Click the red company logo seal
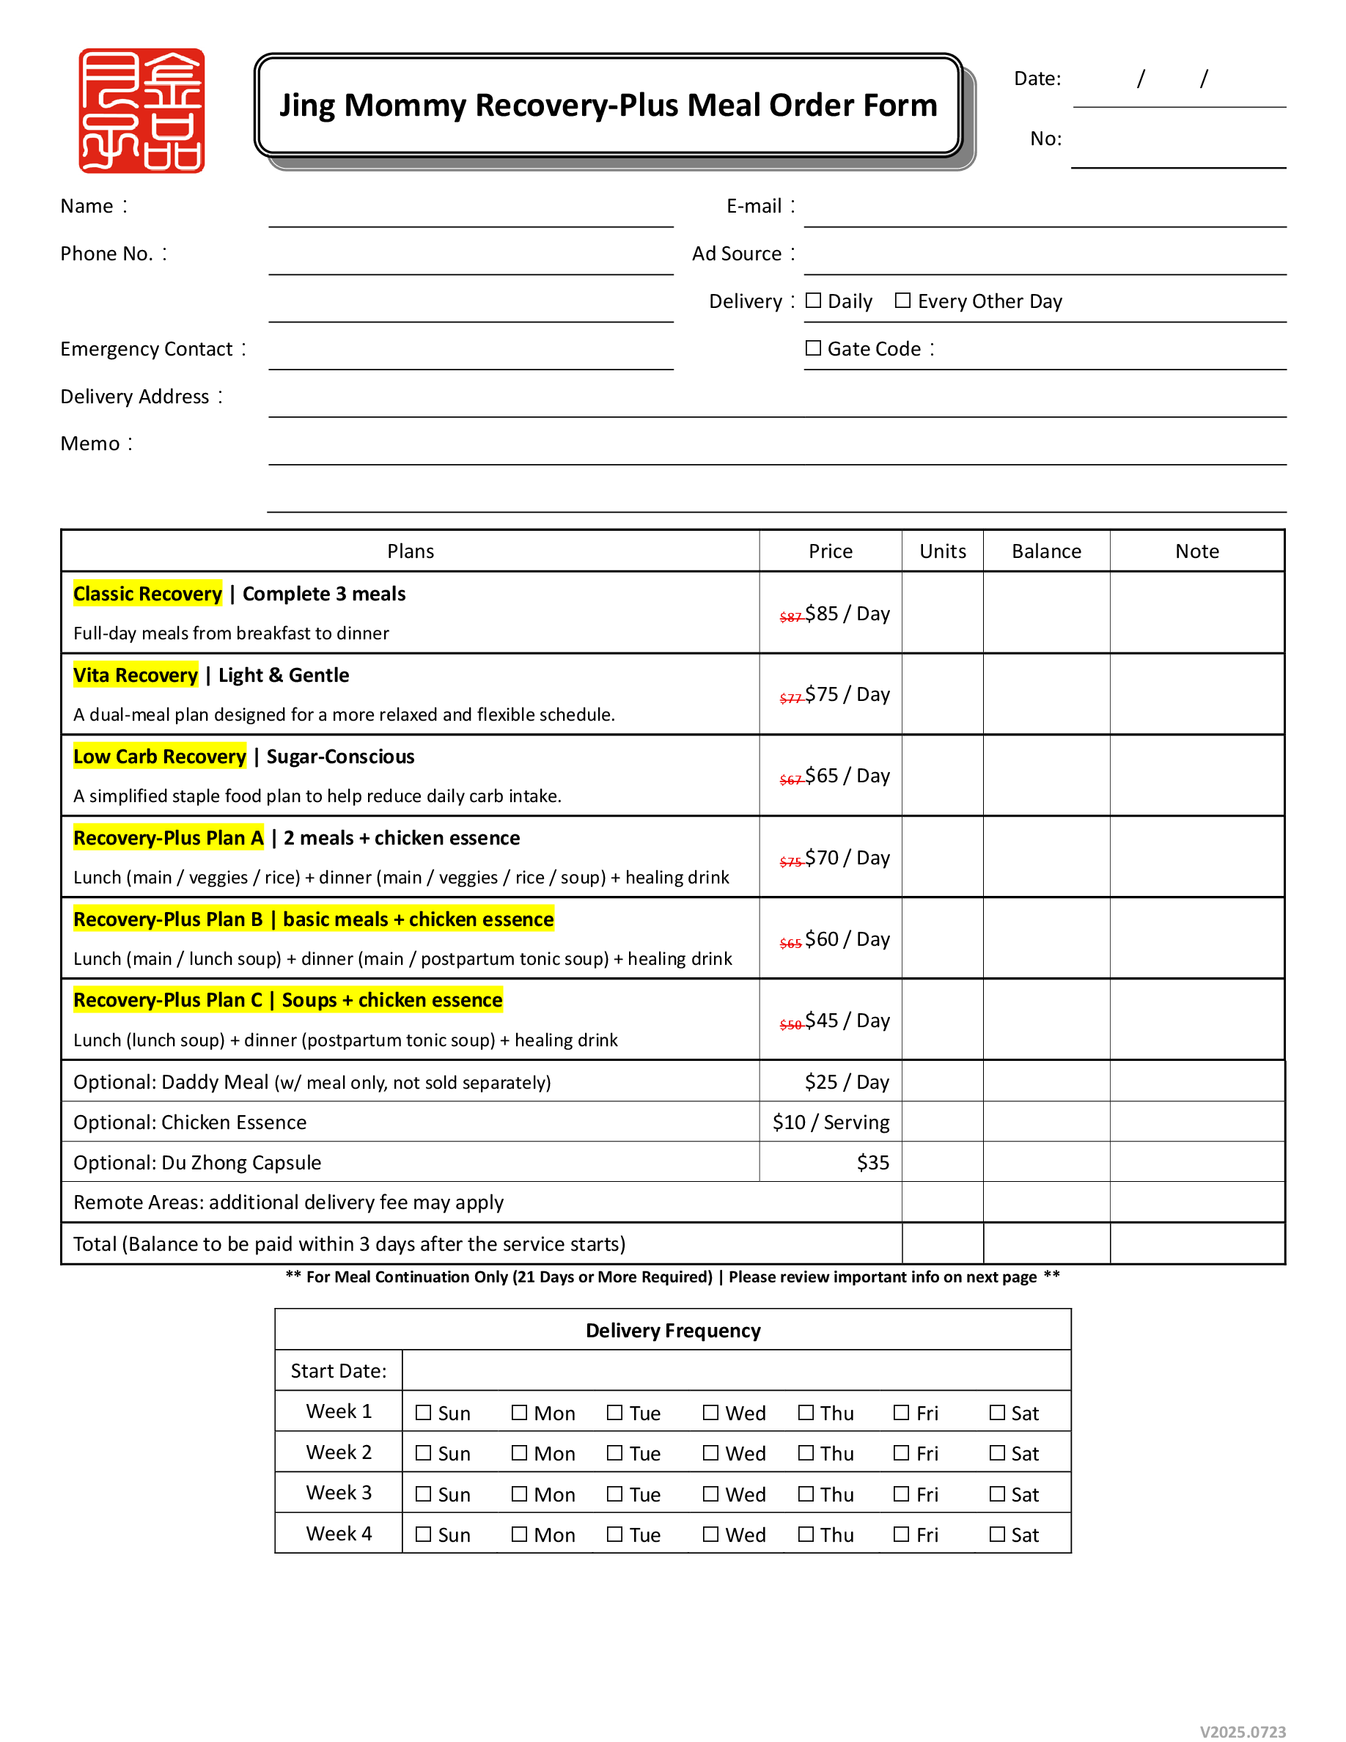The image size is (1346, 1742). coord(141,110)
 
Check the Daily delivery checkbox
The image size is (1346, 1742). coord(813,301)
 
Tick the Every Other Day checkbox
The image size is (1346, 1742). coord(902,301)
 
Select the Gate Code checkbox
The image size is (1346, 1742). coord(813,348)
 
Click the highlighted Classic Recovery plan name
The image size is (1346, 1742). coord(147,594)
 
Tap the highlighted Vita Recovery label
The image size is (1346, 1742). coord(136,675)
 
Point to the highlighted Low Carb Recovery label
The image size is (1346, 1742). coord(160,757)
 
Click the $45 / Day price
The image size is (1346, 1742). coord(846,1021)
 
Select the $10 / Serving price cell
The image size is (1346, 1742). coord(830,1123)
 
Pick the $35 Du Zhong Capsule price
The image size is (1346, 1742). coord(872,1163)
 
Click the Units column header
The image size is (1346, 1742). coord(943,552)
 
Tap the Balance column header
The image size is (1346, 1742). coord(1046,552)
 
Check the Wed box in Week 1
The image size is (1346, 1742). coord(710,1413)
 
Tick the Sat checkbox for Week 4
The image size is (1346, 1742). coord(998,1535)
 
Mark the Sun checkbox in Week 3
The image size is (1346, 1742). coord(424,1494)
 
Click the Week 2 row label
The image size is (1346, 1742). coord(339,1452)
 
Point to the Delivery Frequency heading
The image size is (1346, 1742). coord(673,1331)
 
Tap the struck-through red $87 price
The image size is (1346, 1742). coord(790,617)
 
